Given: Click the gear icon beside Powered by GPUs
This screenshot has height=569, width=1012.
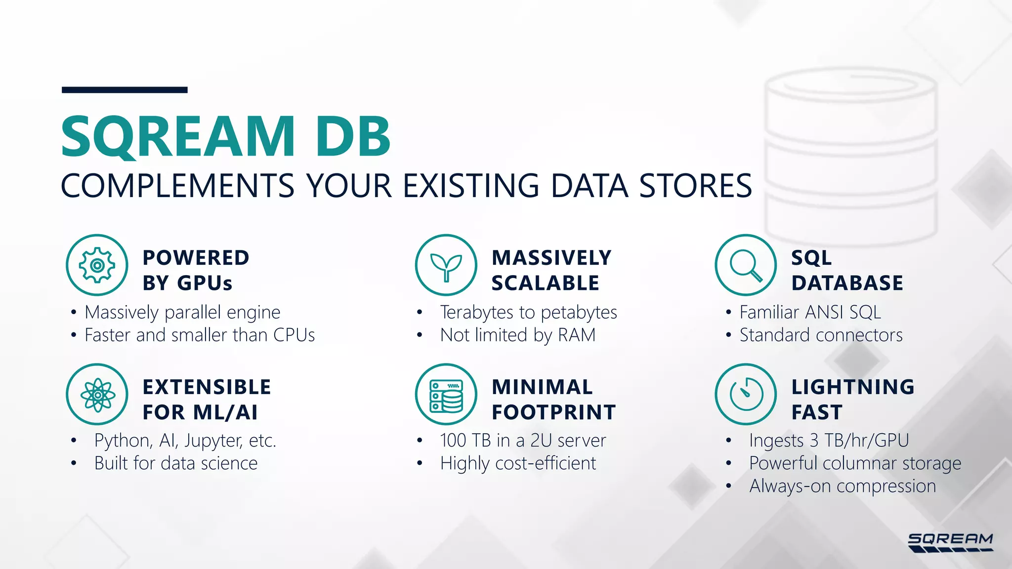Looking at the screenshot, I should tap(97, 265).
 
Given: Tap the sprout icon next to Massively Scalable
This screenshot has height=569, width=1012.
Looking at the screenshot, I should tap(446, 265).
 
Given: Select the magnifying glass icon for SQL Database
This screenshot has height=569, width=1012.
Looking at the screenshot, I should tap(746, 265).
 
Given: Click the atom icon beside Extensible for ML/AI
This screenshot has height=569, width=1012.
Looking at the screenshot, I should tap(97, 394).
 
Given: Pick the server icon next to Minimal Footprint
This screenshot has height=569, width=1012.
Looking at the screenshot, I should tap(446, 394).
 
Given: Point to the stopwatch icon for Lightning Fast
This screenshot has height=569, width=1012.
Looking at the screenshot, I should tap(746, 394).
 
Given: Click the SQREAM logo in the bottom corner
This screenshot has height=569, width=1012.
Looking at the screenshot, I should tap(950, 542).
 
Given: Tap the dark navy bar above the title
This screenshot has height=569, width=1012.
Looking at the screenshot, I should tap(125, 90).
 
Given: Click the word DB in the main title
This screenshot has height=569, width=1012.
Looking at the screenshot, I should tap(353, 137).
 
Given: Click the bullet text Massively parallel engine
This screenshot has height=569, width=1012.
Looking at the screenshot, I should tap(182, 312).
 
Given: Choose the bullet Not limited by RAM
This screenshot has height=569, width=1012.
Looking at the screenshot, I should tap(517, 335).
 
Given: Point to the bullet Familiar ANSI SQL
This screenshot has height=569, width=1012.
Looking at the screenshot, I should tap(810, 312).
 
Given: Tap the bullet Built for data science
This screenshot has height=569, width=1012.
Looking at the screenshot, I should tap(176, 463).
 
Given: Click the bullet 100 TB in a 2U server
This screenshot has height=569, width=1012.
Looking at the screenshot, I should tap(523, 440).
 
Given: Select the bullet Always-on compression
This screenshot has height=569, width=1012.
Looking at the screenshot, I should tap(843, 486).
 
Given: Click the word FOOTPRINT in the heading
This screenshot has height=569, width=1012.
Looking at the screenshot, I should tap(553, 412).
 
